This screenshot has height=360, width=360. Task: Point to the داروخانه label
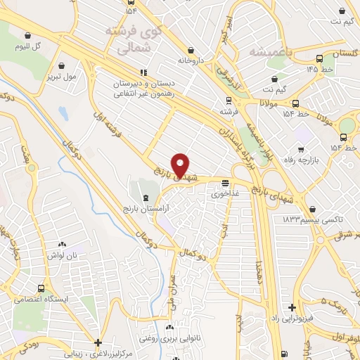click(190, 60)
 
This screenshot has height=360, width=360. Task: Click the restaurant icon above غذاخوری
click(224, 184)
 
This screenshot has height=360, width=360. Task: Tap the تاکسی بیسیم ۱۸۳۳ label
click(304, 220)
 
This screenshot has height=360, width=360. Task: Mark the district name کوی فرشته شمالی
click(131, 40)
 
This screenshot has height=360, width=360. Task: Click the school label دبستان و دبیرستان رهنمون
click(141, 88)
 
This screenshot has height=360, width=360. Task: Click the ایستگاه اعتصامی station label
click(42, 300)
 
